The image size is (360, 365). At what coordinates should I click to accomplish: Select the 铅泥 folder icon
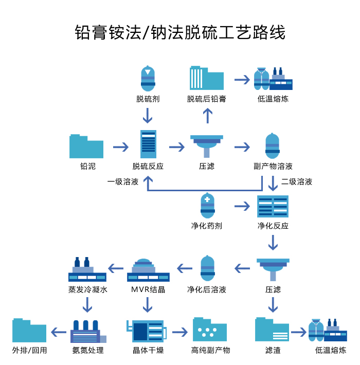point(86,147)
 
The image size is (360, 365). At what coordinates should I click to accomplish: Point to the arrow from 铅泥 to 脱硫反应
point(121,147)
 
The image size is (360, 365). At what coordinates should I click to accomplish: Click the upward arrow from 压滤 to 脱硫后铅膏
point(207,116)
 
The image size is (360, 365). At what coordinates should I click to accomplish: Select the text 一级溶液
point(122,181)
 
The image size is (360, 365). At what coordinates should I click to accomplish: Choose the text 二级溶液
point(297,181)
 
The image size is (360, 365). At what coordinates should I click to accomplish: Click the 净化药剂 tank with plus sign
point(207,206)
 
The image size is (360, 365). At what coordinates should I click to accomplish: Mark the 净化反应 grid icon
point(273,206)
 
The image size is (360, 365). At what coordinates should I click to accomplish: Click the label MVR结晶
point(148,289)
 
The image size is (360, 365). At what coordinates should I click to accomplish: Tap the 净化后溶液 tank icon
point(207,268)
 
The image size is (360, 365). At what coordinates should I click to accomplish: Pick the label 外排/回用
point(29,350)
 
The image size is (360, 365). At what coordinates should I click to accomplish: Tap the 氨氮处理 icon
point(88,332)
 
